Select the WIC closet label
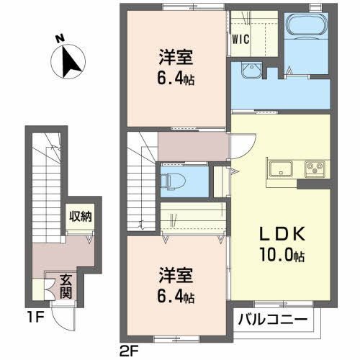click(x=240, y=40)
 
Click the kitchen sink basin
click(x=279, y=170)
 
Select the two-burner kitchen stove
click(x=315, y=170)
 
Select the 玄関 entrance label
click(x=66, y=286)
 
